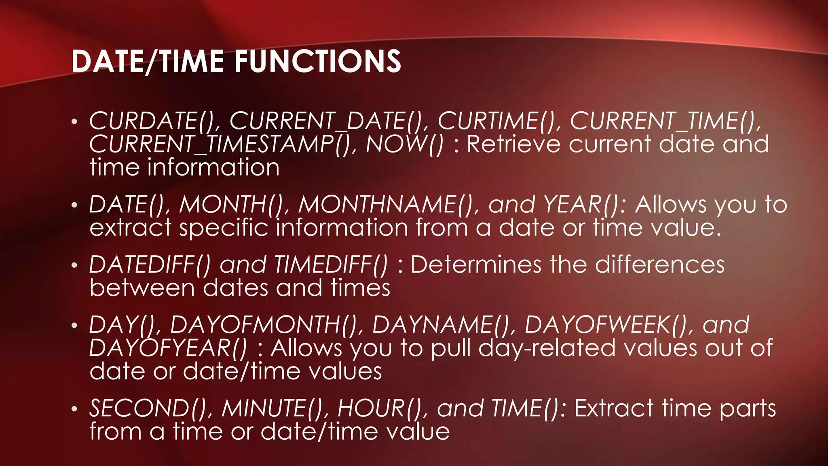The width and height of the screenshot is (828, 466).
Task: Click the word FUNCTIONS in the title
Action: click(318, 61)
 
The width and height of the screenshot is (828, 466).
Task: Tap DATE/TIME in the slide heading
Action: click(148, 61)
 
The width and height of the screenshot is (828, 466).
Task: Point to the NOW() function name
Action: click(404, 144)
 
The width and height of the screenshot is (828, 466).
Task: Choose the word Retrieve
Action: click(513, 144)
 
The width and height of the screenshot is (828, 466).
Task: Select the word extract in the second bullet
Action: click(130, 228)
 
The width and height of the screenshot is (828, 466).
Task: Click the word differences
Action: click(659, 265)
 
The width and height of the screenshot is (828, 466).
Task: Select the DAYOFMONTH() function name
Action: click(266, 324)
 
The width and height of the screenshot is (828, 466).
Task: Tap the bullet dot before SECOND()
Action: click(74, 409)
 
